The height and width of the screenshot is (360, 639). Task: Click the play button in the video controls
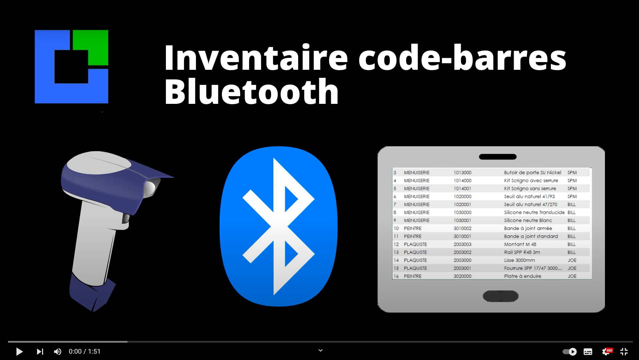tap(19, 351)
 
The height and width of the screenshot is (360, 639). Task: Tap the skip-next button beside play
tap(40, 351)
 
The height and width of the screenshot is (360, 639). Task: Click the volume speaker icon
tap(57, 351)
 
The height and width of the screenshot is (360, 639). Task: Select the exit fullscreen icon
tap(624, 351)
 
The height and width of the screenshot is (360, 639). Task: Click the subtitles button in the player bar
tap(588, 351)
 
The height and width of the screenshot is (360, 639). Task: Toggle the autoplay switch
tap(570, 351)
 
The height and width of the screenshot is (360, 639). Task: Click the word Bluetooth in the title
tap(252, 92)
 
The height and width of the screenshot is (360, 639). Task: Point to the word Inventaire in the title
tap(256, 58)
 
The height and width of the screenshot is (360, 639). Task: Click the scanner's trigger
tap(126, 219)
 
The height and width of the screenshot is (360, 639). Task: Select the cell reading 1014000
tap(462, 181)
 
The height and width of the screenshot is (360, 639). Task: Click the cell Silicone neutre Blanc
tap(528, 220)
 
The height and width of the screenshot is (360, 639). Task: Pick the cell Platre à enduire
tap(522, 276)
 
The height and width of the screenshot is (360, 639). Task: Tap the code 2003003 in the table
tap(462, 244)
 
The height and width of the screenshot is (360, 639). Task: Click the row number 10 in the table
tap(396, 228)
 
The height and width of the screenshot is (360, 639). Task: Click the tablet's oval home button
tap(500, 296)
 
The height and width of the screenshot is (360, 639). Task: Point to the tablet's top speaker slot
tap(497, 157)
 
